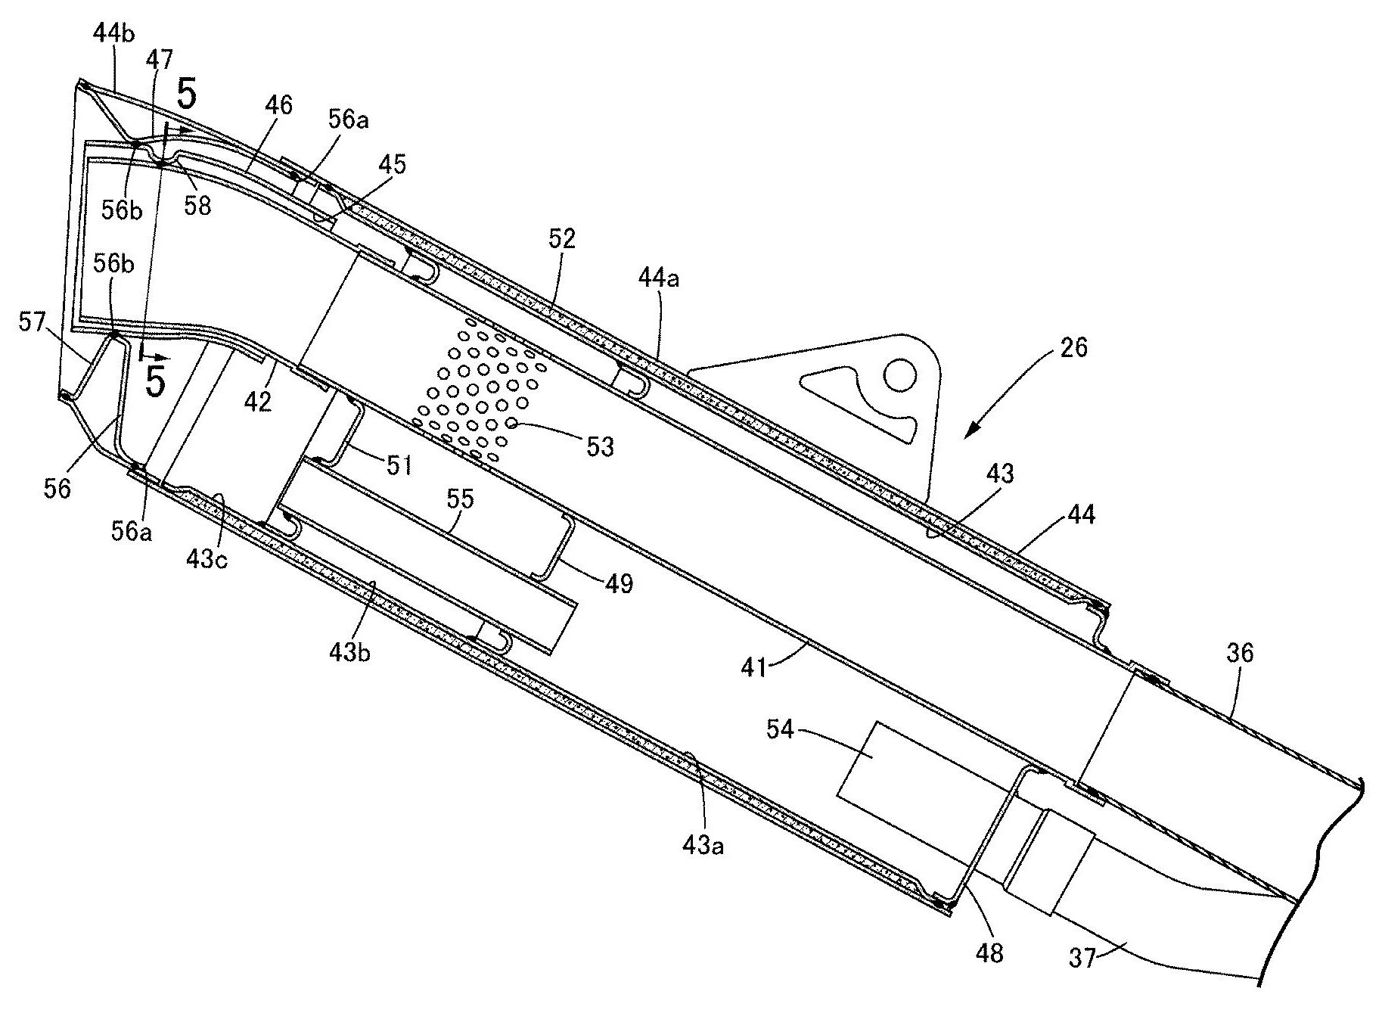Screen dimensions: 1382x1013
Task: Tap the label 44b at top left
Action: pyautogui.click(x=114, y=36)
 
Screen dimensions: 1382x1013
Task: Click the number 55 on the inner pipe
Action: pyautogui.click(x=461, y=499)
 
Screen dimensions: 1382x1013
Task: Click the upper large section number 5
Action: pyautogui.click(x=187, y=97)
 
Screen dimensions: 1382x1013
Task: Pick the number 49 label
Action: pyautogui.click(x=618, y=585)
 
